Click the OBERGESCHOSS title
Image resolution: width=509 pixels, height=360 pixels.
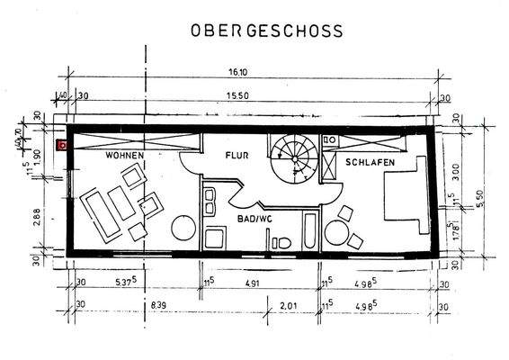265,31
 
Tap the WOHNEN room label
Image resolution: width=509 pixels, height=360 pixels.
123,156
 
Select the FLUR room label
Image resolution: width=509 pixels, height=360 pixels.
237,155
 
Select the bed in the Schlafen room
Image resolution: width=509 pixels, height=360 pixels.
406,199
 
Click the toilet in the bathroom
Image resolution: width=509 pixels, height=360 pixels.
282,241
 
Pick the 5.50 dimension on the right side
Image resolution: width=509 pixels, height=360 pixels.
480,193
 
